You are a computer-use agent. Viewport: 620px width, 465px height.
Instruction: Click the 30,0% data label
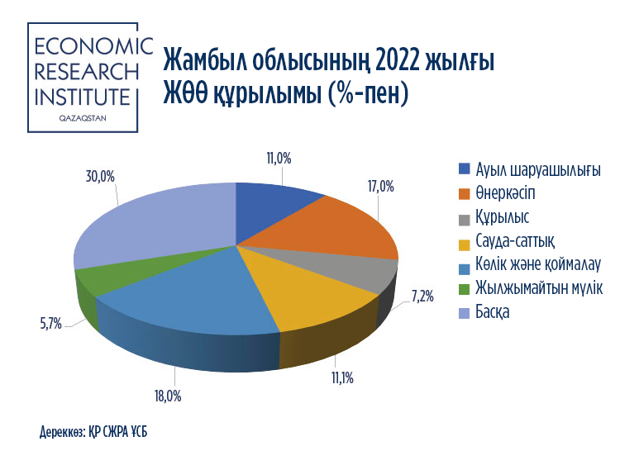tap(100, 177)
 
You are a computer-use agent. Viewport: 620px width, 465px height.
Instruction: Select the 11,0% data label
tap(279, 159)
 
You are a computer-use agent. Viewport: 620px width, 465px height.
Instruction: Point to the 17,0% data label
tap(381, 187)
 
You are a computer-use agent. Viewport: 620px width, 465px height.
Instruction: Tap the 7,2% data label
tap(422, 296)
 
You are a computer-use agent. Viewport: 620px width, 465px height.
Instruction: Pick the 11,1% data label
tap(342, 378)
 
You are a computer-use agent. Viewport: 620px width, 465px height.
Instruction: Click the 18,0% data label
tap(168, 396)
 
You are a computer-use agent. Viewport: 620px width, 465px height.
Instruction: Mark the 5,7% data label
tap(51, 325)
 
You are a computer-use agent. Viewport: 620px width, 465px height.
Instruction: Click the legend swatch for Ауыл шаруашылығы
tap(465, 169)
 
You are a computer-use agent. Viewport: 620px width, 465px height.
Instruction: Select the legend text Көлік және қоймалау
tap(538, 264)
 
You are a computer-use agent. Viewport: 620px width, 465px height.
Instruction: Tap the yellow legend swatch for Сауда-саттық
tap(465, 245)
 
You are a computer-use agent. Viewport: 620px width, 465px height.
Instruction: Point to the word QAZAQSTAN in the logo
tap(83, 119)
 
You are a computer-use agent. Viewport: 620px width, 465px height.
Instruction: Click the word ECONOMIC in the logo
tap(93, 46)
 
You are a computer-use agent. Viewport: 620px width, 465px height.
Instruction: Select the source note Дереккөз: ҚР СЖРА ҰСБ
tap(93, 432)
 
